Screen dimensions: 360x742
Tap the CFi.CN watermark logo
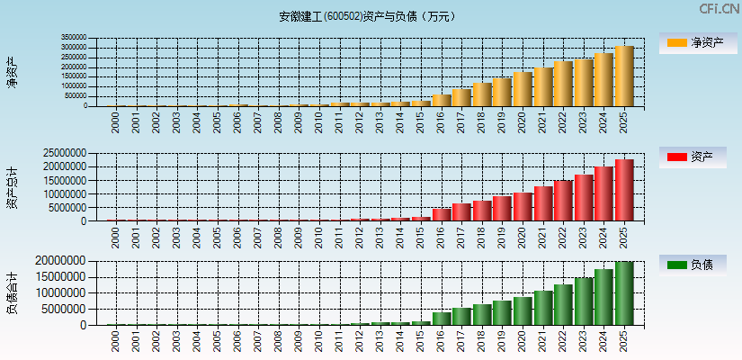pyautogui.click(x=720, y=9)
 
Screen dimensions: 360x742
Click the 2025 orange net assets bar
pyautogui.click(x=623, y=76)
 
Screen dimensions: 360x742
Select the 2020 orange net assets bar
pyautogui.click(x=522, y=89)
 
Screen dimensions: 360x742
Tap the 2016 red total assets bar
pyautogui.click(x=441, y=215)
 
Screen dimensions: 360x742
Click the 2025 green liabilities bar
pyautogui.click(x=623, y=293)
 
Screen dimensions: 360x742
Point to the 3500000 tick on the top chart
pyautogui.click(x=74, y=39)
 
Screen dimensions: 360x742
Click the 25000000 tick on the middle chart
pyautogui.click(x=67, y=153)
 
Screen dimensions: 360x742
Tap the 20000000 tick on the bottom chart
pyautogui.click(x=67, y=261)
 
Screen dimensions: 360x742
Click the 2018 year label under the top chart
pyautogui.click(x=481, y=121)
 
